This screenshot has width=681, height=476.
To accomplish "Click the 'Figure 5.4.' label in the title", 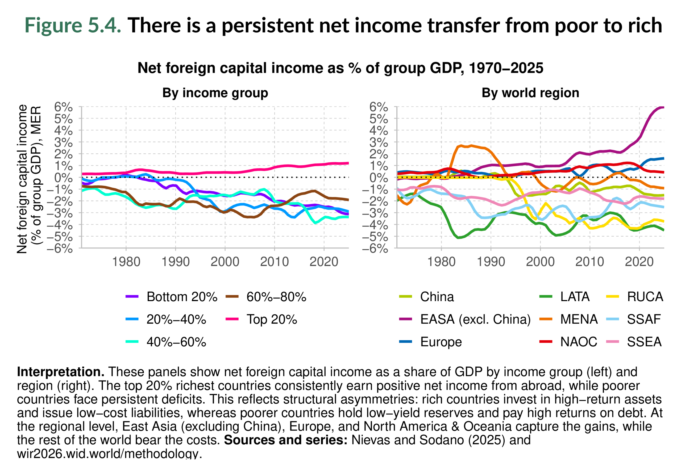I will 73,25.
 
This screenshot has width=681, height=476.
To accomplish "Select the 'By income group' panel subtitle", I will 215,93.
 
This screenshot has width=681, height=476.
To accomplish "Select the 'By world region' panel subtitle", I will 530,93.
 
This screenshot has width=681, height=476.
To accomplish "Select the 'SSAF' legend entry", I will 644,319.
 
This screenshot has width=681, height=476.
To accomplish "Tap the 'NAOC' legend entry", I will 578,342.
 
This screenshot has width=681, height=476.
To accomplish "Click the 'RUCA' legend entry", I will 645,297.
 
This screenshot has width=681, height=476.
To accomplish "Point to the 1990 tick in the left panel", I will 175,262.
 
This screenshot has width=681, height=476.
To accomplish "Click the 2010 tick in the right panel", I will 590,262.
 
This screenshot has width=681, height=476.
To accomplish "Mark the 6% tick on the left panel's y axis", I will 63,107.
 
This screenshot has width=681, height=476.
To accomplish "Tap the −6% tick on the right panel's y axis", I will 375,249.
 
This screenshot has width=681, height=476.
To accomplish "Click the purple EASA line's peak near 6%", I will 661,107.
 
